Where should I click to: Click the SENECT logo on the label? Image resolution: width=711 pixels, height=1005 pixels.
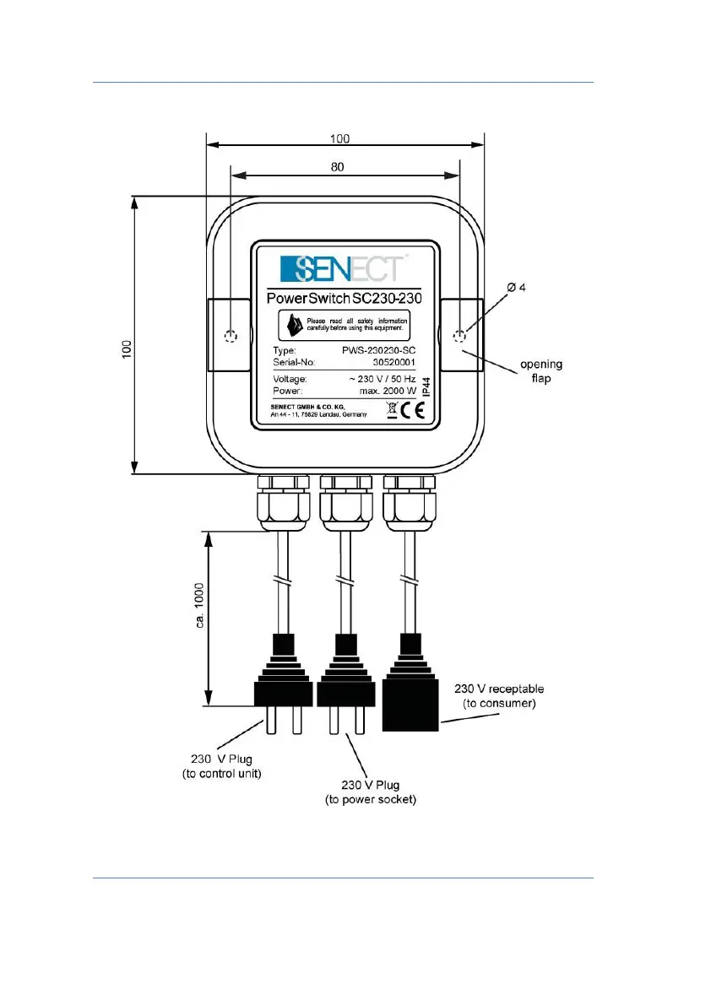[x=344, y=269]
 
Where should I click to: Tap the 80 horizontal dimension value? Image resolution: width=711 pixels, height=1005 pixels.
[x=338, y=167]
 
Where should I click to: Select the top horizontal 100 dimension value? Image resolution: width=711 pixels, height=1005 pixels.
[x=339, y=139]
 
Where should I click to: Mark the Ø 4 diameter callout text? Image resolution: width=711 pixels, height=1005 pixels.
[x=516, y=288]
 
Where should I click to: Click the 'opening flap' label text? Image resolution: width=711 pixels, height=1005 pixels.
[x=540, y=372]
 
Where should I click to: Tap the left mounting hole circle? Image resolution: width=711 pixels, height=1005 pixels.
[x=231, y=338]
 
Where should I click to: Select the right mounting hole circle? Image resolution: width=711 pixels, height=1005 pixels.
[x=459, y=338]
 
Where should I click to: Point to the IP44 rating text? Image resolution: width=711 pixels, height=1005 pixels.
[x=426, y=386]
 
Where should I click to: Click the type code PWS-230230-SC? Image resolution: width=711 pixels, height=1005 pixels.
[x=375, y=349]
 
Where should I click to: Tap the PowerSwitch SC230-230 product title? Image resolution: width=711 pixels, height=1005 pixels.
[x=344, y=299]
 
